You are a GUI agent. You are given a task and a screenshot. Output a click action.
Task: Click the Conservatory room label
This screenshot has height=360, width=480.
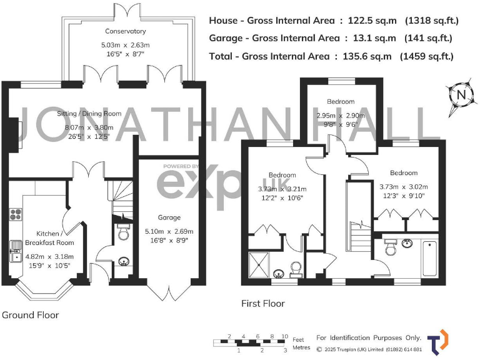tap(126, 31)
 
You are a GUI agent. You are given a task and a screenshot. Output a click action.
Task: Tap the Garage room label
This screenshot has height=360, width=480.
tap(169, 217)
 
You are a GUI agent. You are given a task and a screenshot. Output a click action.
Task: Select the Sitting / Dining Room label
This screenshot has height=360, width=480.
tap(89, 114)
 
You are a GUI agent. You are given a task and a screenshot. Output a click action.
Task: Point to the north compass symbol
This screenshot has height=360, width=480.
tap(461, 95)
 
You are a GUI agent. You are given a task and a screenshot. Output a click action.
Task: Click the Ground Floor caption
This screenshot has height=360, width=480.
tap(31, 314)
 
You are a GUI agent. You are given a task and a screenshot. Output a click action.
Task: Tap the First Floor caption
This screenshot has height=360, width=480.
tap(263, 304)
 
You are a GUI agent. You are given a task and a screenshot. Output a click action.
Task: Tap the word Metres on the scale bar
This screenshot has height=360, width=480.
tap(302, 347)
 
